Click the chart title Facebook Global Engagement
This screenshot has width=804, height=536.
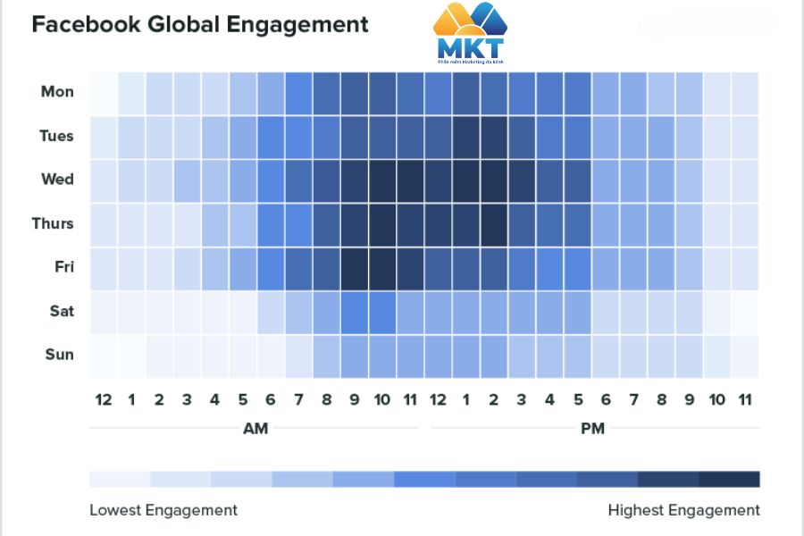tap(200, 24)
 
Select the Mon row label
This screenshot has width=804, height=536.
tap(57, 91)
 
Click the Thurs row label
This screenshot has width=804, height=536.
tap(54, 223)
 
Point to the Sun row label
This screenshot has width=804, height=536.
tap(59, 355)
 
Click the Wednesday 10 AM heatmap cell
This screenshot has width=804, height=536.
tap(382, 180)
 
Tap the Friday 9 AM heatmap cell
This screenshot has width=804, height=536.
tap(355, 267)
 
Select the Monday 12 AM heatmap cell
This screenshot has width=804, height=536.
tap(104, 92)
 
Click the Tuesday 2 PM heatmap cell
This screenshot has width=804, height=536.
tap(494, 136)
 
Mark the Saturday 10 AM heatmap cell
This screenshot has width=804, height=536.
tap(382, 311)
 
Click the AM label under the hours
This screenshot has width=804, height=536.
tap(255, 429)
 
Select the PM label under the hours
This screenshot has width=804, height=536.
tap(592, 429)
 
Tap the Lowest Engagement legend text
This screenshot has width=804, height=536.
tap(163, 510)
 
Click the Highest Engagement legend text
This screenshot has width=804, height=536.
tap(683, 510)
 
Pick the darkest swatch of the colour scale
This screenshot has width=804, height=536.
tap(729, 480)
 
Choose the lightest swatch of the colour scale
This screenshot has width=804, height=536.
tap(120, 480)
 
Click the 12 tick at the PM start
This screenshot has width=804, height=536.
tap(438, 399)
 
